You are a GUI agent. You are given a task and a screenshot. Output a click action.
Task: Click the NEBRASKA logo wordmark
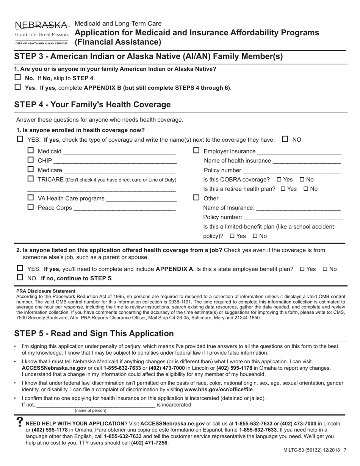42,25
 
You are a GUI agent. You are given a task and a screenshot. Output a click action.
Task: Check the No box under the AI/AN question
18,78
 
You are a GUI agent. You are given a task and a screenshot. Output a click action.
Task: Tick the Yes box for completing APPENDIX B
18,87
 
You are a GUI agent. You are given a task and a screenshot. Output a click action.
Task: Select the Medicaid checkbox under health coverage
31,150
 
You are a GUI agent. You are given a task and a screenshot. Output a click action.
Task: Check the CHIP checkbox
31,160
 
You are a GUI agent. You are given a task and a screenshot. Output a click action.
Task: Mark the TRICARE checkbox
31,178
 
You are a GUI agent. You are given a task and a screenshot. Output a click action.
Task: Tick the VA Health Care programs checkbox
31,198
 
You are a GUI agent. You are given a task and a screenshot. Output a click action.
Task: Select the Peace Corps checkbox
31,207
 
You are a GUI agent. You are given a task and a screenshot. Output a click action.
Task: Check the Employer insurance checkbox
196,151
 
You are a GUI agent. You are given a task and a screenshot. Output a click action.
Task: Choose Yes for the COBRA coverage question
279,180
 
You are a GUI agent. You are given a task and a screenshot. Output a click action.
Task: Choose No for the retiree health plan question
306,189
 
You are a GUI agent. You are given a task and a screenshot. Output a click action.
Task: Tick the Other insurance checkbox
196,198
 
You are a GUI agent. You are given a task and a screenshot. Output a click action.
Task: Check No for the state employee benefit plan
325,269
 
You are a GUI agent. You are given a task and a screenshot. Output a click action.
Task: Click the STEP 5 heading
94,333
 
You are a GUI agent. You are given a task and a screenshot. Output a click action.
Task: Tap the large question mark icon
20,423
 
